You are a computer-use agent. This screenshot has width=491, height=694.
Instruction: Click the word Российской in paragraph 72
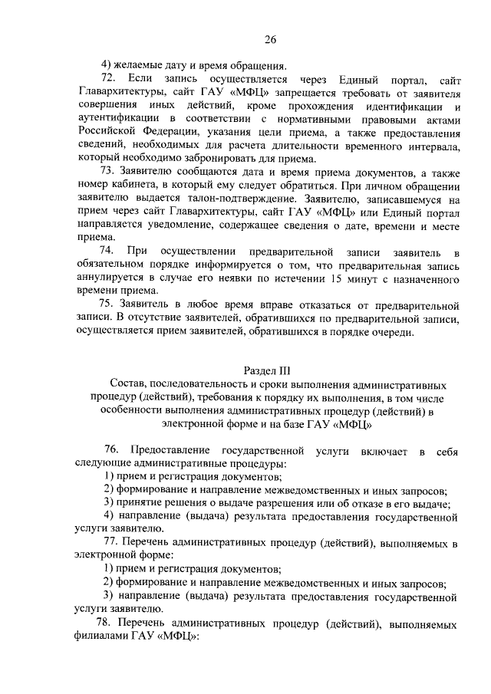coord(104,132)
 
